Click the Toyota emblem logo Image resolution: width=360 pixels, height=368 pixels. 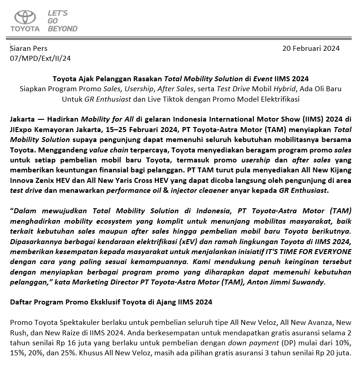point(27,17)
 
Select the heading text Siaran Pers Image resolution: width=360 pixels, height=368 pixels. point(29,48)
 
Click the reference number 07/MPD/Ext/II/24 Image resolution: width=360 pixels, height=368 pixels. point(40,58)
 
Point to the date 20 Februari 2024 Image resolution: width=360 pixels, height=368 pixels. point(311,48)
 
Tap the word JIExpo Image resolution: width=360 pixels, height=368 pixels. point(21,130)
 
